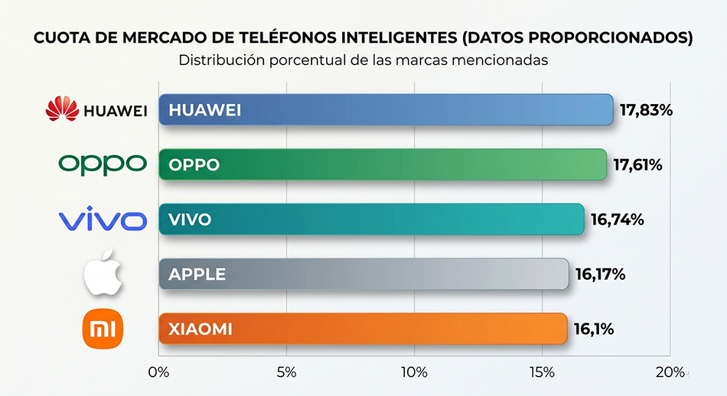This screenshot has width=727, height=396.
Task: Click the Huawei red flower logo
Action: coord(62,109)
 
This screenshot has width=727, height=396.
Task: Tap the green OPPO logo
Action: coord(103,164)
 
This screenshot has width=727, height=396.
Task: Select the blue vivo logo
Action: coord(103,220)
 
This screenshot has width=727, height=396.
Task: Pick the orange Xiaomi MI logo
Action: coord(103,329)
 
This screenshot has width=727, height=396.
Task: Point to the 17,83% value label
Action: coord(646,110)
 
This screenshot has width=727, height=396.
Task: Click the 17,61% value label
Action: coord(638,165)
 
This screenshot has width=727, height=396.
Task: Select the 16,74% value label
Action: coord(617,220)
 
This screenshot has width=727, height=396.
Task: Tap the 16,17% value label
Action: coord(600,274)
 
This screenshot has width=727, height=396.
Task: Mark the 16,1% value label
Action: coord(594,329)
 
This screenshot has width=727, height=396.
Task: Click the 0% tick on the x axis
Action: coord(158,372)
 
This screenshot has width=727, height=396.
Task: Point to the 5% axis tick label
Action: coord(286,372)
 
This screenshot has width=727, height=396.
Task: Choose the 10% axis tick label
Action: coord(414,372)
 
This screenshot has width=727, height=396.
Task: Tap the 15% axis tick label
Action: coord(542,372)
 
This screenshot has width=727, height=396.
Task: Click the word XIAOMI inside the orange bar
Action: coord(200,329)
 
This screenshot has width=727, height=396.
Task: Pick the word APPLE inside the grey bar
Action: coord(197,274)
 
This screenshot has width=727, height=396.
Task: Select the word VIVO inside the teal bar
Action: coord(190,220)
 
